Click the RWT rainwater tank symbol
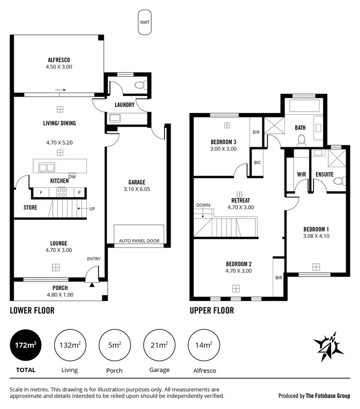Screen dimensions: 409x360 pos(144,23)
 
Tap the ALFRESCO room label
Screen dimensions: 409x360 pos(60,60)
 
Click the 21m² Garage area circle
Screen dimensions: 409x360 pos(159,345)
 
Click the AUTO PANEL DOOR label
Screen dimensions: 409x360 pos(139,241)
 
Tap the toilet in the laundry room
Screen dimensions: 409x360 pos(140,86)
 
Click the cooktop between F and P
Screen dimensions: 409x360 pos(61,192)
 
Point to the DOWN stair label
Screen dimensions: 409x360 pos(203,205)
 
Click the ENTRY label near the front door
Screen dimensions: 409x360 pos(94,259)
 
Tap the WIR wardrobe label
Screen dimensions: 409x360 pos(301,175)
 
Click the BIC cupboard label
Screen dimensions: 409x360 pos(257,163)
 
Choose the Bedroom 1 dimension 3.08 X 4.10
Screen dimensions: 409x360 pos(316,236)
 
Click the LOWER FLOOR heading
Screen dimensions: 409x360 pos(32,310)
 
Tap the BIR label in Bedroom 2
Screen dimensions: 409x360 pos(278,278)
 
